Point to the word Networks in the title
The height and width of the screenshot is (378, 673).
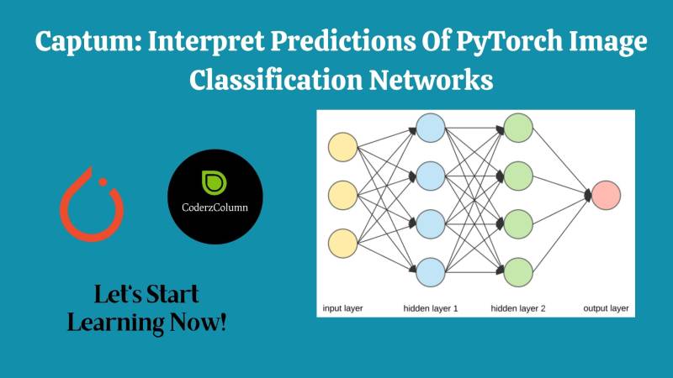point(432,81)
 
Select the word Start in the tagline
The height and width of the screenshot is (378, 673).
point(167,296)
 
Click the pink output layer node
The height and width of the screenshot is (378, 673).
point(606,195)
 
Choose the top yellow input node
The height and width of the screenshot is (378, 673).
point(343,147)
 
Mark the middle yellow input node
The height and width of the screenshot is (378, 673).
point(343,195)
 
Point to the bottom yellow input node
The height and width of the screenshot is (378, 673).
point(343,244)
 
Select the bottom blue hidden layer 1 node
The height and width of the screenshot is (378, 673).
point(430,271)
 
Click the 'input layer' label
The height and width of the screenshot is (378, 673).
point(343,308)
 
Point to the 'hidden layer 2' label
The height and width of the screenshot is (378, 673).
point(518,308)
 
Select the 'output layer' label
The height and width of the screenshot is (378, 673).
point(606,308)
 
